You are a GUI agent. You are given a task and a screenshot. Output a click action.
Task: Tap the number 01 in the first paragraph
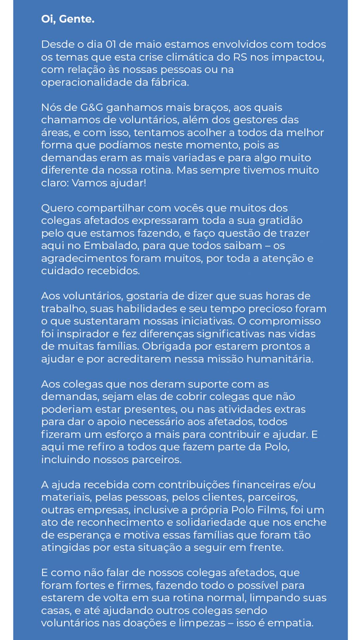pos(110,44)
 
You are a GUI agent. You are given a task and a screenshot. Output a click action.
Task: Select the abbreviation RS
pos(240,57)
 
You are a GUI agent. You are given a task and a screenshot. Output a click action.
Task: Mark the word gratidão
pos(280,221)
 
